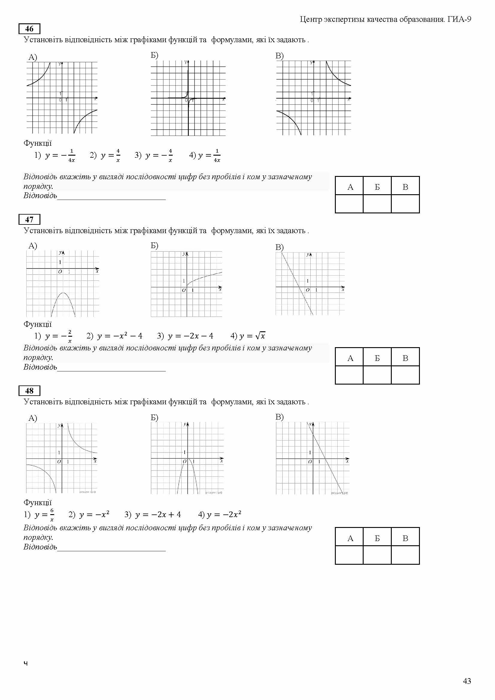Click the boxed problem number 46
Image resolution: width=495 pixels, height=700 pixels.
(29, 29)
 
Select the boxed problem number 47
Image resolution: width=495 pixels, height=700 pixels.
(29, 219)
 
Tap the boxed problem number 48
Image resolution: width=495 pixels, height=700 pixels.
(29, 391)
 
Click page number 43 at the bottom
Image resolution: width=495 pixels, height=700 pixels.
(467, 681)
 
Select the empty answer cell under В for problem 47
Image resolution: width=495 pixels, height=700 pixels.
(405, 374)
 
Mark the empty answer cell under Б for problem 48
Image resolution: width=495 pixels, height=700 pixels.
(377, 555)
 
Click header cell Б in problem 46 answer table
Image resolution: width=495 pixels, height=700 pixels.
(377, 187)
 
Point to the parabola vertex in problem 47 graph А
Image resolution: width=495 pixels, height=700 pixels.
(63, 293)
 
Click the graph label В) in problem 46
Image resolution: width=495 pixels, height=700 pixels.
(280, 56)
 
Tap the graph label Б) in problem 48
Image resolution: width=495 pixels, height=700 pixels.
(154, 417)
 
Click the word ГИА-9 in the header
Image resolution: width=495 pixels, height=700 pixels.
(459, 19)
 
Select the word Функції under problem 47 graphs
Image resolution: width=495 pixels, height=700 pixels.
(37, 324)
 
